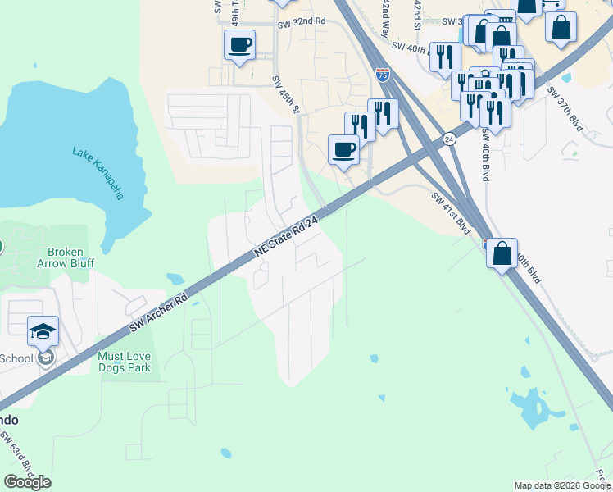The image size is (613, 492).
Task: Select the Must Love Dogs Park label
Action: coord(136,362)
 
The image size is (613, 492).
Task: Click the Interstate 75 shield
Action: coord(383,74)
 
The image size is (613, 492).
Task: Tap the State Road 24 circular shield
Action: coord(449,139)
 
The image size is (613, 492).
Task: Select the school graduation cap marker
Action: coord(43,331)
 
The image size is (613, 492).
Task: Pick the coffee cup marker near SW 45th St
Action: coord(343,149)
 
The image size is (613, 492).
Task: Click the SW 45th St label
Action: coord(287,95)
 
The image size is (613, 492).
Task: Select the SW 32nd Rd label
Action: coord(303,20)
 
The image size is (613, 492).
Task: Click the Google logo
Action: coord(27,482)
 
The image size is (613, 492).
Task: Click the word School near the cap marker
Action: coord(16,358)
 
